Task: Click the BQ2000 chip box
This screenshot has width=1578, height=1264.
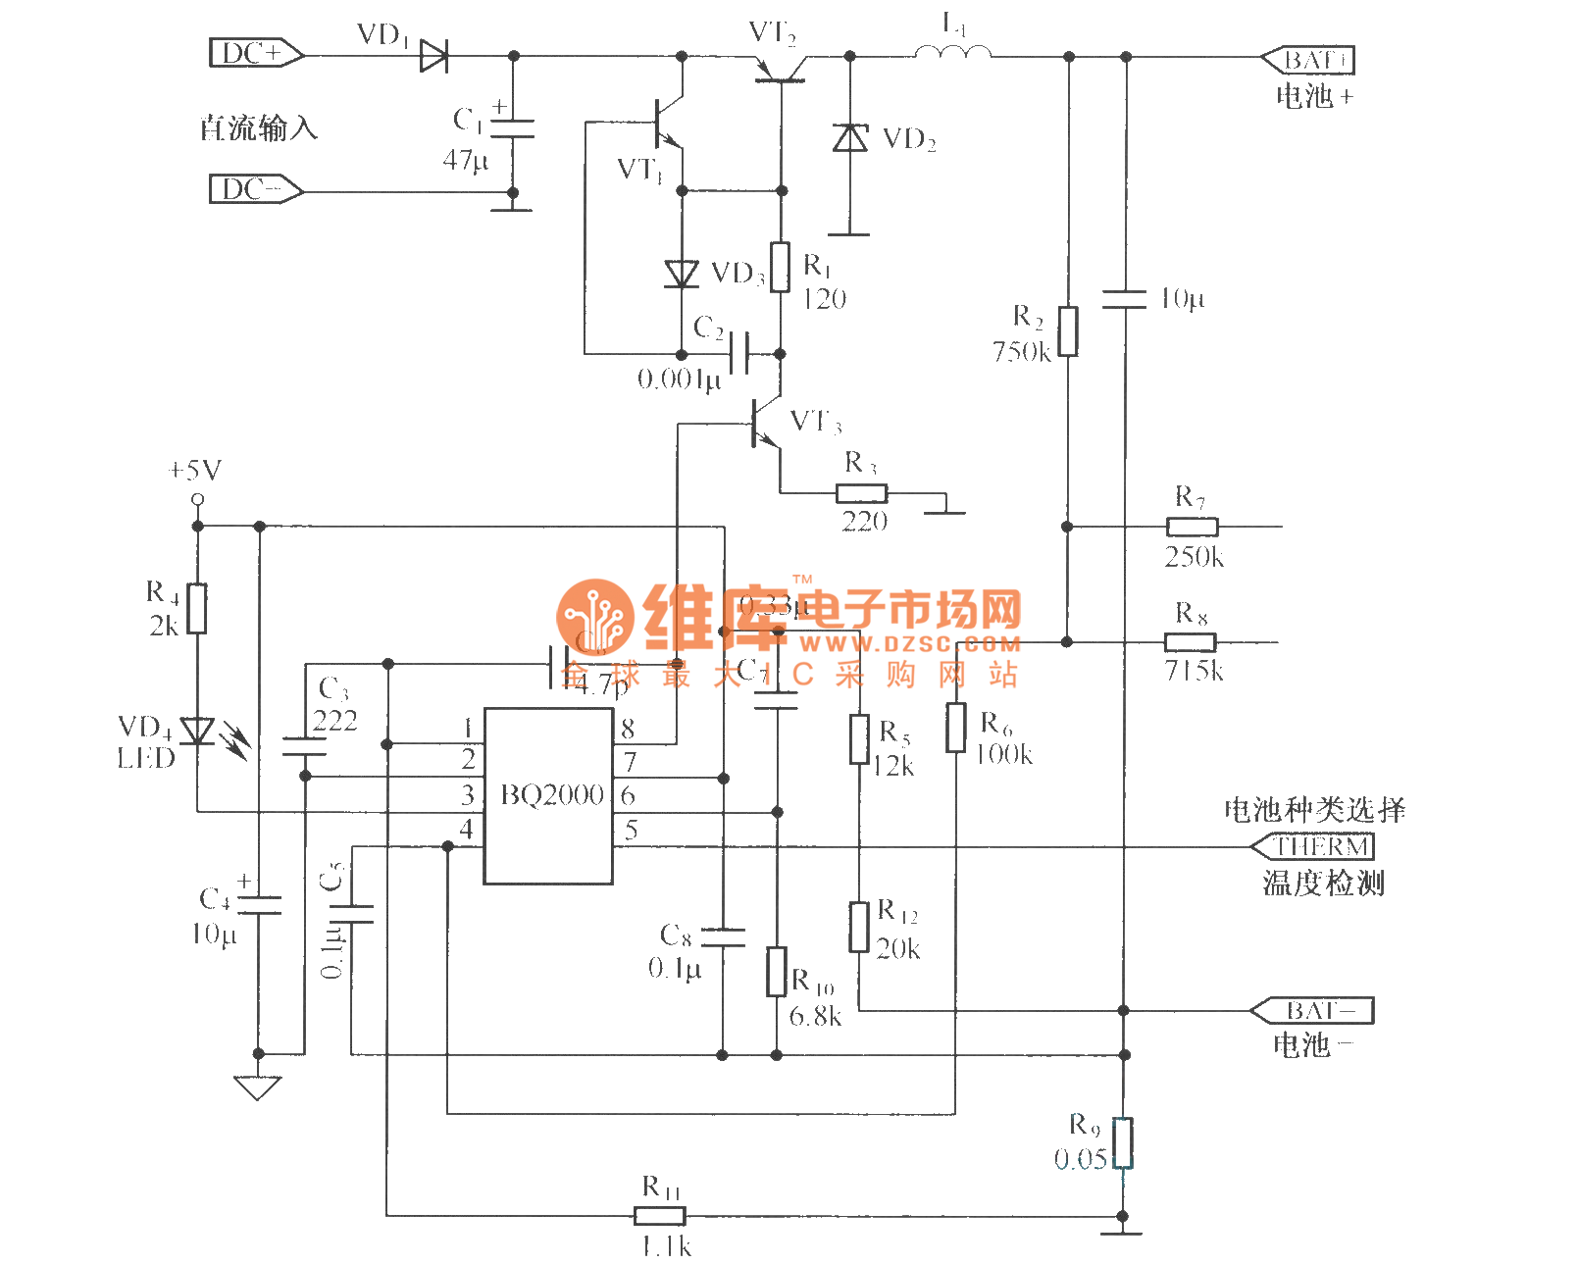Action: pyautogui.click(x=549, y=795)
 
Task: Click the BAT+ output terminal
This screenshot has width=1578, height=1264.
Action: pyautogui.click(x=1309, y=60)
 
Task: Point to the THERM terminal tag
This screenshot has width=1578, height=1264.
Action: pyautogui.click(x=1314, y=846)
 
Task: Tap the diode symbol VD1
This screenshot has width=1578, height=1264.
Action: pyautogui.click(x=433, y=56)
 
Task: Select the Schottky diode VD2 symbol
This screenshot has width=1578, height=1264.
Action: pyautogui.click(x=849, y=137)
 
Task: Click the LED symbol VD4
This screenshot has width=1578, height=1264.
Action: pyautogui.click(x=198, y=731)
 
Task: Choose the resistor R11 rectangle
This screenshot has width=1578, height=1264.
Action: pyautogui.click(x=659, y=1216)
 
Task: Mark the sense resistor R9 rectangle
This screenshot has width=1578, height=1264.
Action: pyautogui.click(x=1124, y=1142)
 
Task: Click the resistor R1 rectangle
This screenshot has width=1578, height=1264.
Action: pyautogui.click(x=781, y=267)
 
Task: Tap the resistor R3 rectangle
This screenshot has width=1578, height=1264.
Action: pyautogui.click(x=861, y=493)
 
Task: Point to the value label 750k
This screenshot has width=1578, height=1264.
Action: pyautogui.click(x=1021, y=351)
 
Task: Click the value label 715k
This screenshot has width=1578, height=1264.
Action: pyautogui.click(x=1194, y=671)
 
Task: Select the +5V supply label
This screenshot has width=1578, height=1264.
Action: pyautogui.click(x=195, y=471)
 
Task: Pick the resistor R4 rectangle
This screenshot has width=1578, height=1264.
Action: pyautogui.click(x=197, y=608)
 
